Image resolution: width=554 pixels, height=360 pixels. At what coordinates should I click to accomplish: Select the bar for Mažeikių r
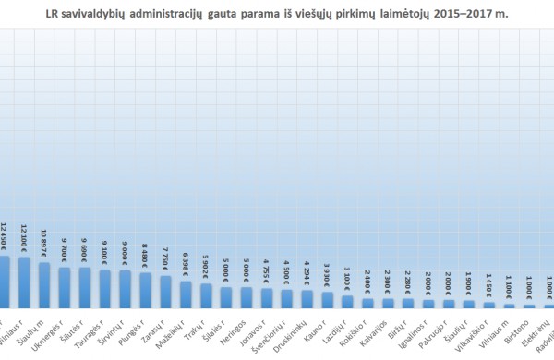186,294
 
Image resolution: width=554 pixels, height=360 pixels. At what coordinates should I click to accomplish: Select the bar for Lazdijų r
347,302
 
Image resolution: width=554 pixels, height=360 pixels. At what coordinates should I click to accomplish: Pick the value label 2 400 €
367,283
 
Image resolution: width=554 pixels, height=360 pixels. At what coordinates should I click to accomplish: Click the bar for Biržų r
408,303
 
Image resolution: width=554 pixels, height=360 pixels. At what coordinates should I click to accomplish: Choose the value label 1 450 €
489,288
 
